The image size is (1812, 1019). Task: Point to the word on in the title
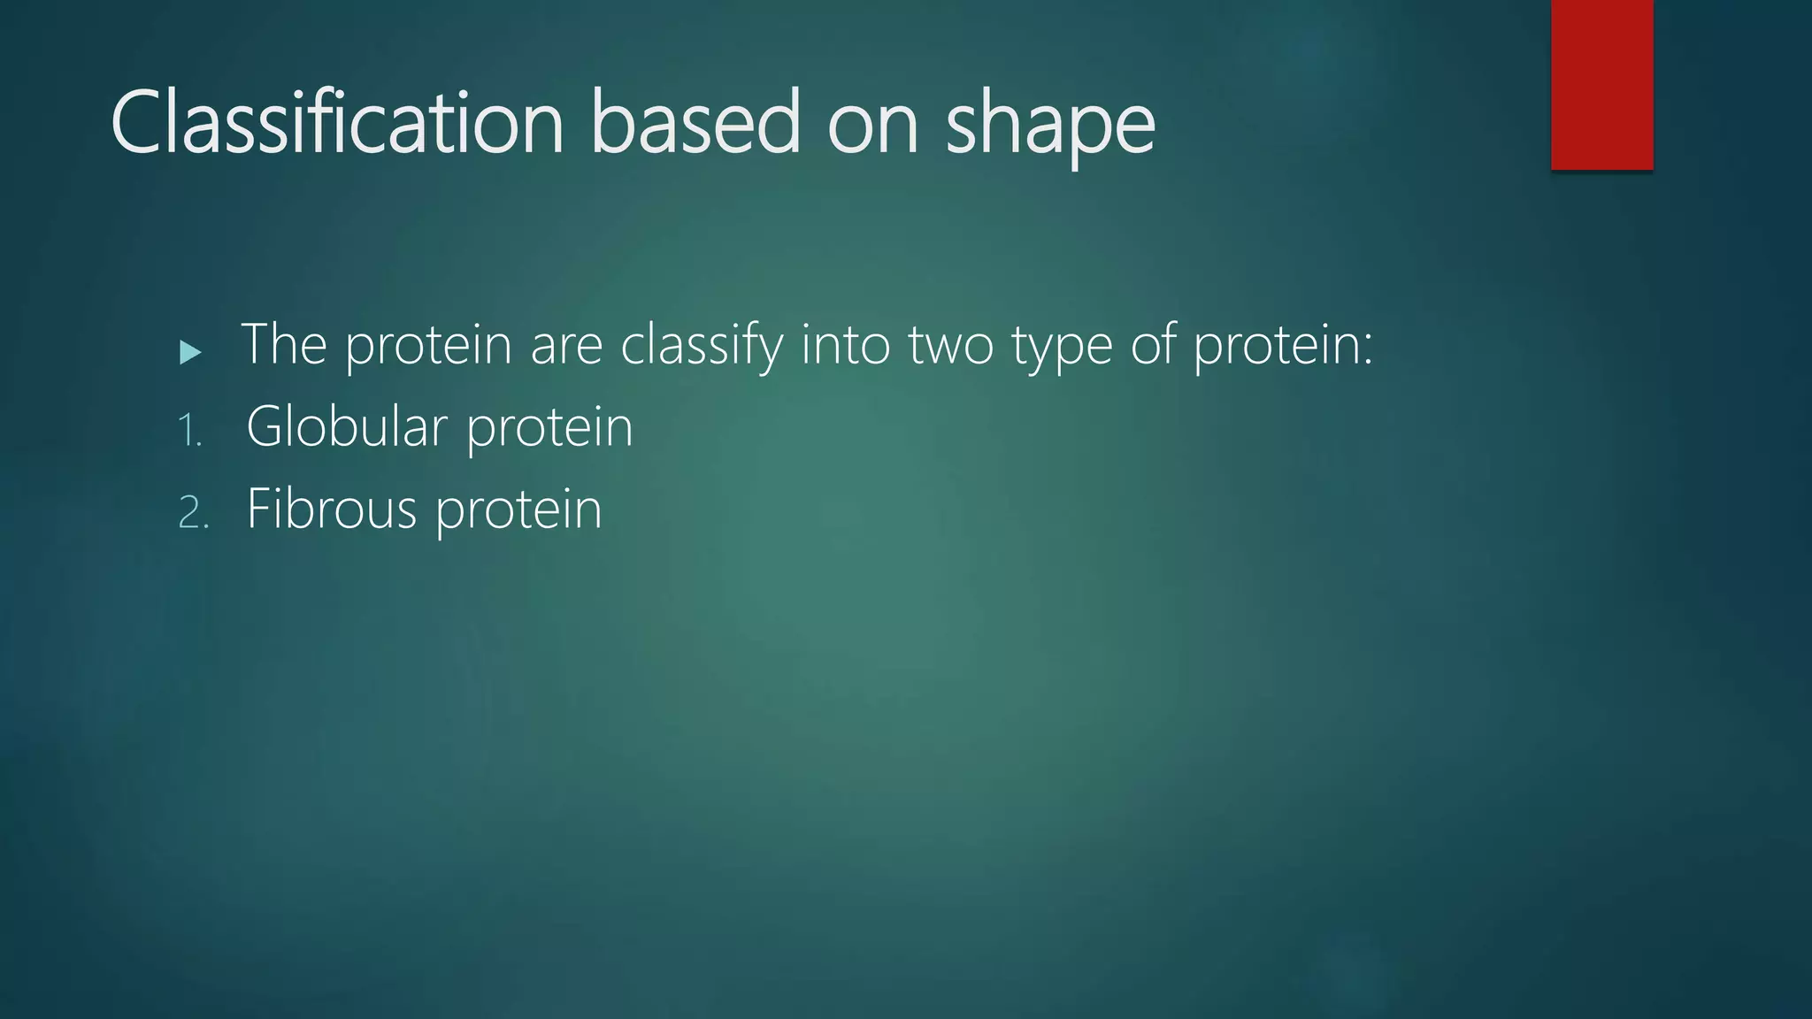pyautogui.click(x=873, y=124)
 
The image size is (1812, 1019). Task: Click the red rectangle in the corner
pyautogui.click(x=1601, y=84)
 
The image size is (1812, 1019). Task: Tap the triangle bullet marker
pyautogui.click(x=190, y=353)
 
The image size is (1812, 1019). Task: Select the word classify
pyautogui.click(x=702, y=345)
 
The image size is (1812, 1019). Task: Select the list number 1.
pyautogui.click(x=189, y=432)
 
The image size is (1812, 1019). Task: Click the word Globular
pyautogui.click(x=346, y=426)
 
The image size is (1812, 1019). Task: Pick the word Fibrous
pyautogui.click(x=331, y=509)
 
